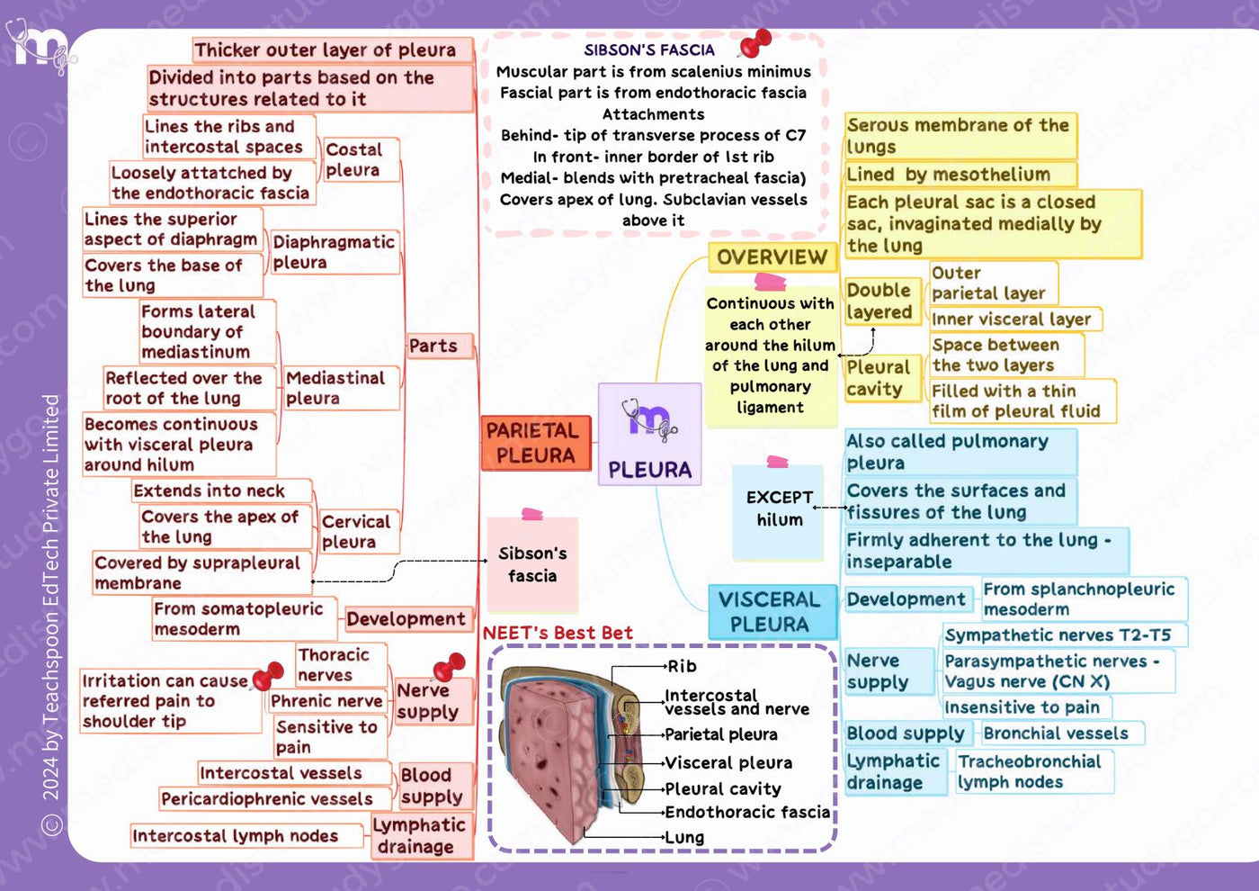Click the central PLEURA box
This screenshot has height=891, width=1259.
pyautogui.click(x=649, y=434)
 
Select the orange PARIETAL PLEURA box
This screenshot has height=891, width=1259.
pyautogui.click(x=536, y=443)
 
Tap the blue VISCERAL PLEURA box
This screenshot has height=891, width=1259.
pyautogui.click(x=772, y=612)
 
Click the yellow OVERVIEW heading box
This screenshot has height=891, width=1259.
pyautogui.click(x=772, y=257)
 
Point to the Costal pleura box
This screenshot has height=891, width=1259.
pyautogui.click(x=361, y=160)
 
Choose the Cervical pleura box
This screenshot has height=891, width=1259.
pyautogui.click(x=360, y=532)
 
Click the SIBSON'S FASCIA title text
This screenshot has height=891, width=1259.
pyautogui.click(x=649, y=50)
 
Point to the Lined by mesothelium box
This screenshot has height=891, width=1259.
pyautogui.click(x=960, y=175)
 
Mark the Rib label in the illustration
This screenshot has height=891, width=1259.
pyautogui.click(x=682, y=667)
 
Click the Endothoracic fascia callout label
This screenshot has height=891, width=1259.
pyautogui.click(x=747, y=812)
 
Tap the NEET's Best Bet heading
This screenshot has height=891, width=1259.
pyautogui.click(x=558, y=633)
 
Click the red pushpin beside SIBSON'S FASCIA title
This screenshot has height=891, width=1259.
pyautogui.click(x=755, y=43)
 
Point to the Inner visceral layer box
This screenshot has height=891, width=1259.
pyautogui.click(x=1015, y=319)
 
